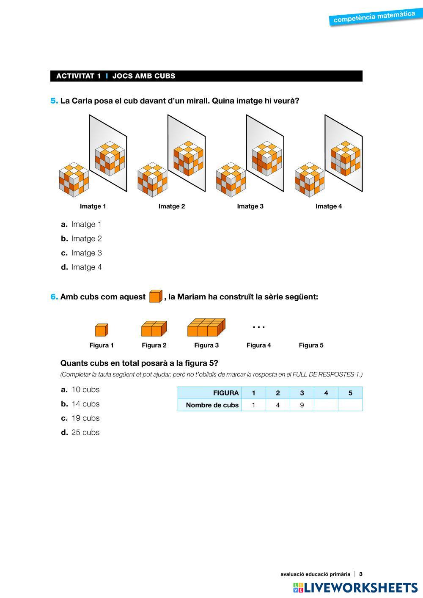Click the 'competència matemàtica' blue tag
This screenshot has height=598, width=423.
pos(374,17)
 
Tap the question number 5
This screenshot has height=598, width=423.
pos(54,101)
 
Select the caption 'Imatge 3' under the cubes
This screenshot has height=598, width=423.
pos(250,206)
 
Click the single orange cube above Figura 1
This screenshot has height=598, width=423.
pos(102,329)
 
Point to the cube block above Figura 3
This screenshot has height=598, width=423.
pos(206,327)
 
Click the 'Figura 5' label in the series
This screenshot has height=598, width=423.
pos(311,345)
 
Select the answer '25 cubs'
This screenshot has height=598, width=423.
pos(85,432)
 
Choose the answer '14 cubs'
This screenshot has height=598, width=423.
pos(85,404)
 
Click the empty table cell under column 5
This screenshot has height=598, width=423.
pos(350,405)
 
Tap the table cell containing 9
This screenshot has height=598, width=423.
pos(302,405)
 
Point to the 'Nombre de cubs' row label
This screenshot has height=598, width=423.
pos(212,405)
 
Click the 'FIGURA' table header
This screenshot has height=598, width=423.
pos(226,393)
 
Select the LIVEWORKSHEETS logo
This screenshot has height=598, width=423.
pos(355,587)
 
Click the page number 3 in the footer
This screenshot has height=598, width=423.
pos(361,574)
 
